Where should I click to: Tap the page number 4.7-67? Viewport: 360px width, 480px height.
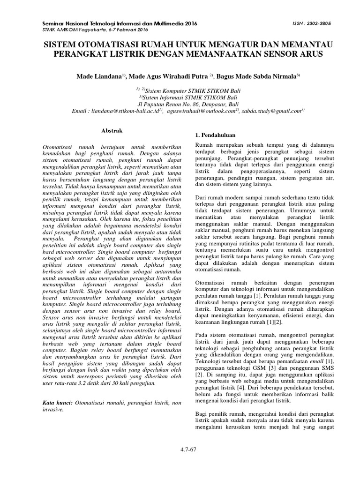(x=187, y=450)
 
